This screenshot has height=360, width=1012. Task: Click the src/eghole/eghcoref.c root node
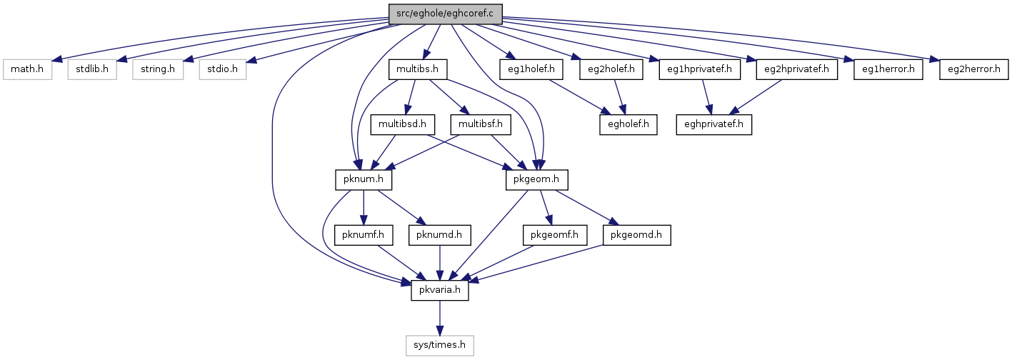coord(445,14)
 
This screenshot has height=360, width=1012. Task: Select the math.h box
coord(27,69)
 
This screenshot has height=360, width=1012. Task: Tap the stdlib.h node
coord(92,69)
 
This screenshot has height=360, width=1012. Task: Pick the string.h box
coord(158,69)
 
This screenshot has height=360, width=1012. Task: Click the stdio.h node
coord(223,69)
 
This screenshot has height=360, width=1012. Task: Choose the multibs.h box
coord(418,69)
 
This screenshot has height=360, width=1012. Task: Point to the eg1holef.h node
coord(531,69)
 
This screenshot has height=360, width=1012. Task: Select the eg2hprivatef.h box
coord(796,69)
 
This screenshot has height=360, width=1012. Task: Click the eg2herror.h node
coord(973,69)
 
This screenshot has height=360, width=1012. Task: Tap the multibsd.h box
coord(403,125)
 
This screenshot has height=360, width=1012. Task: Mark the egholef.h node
coord(628,125)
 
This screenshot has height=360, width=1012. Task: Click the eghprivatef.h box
coord(713,125)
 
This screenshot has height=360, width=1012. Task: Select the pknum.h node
coord(364,180)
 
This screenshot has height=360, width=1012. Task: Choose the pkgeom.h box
coord(536,180)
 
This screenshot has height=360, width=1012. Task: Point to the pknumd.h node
coord(440,235)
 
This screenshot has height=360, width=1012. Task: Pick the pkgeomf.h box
coord(554,235)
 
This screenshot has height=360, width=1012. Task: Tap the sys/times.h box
coord(440,346)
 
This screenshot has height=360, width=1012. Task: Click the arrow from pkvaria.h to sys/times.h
coord(440,318)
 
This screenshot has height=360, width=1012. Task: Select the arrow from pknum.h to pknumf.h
coord(364,208)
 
